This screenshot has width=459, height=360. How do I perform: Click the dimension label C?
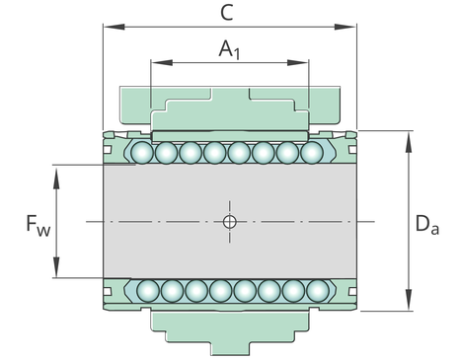(227, 13)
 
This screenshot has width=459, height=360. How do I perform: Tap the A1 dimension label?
(230, 49)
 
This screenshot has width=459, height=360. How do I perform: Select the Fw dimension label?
(38, 226)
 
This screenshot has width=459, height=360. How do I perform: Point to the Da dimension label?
(427, 224)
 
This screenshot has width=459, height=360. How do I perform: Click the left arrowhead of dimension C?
(114, 27)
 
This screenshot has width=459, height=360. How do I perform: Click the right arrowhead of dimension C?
(345, 27)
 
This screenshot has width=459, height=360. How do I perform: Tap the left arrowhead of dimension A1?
(162, 62)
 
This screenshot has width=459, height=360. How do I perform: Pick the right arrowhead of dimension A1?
(298, 62)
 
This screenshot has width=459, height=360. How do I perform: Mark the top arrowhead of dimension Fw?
(56, 179)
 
